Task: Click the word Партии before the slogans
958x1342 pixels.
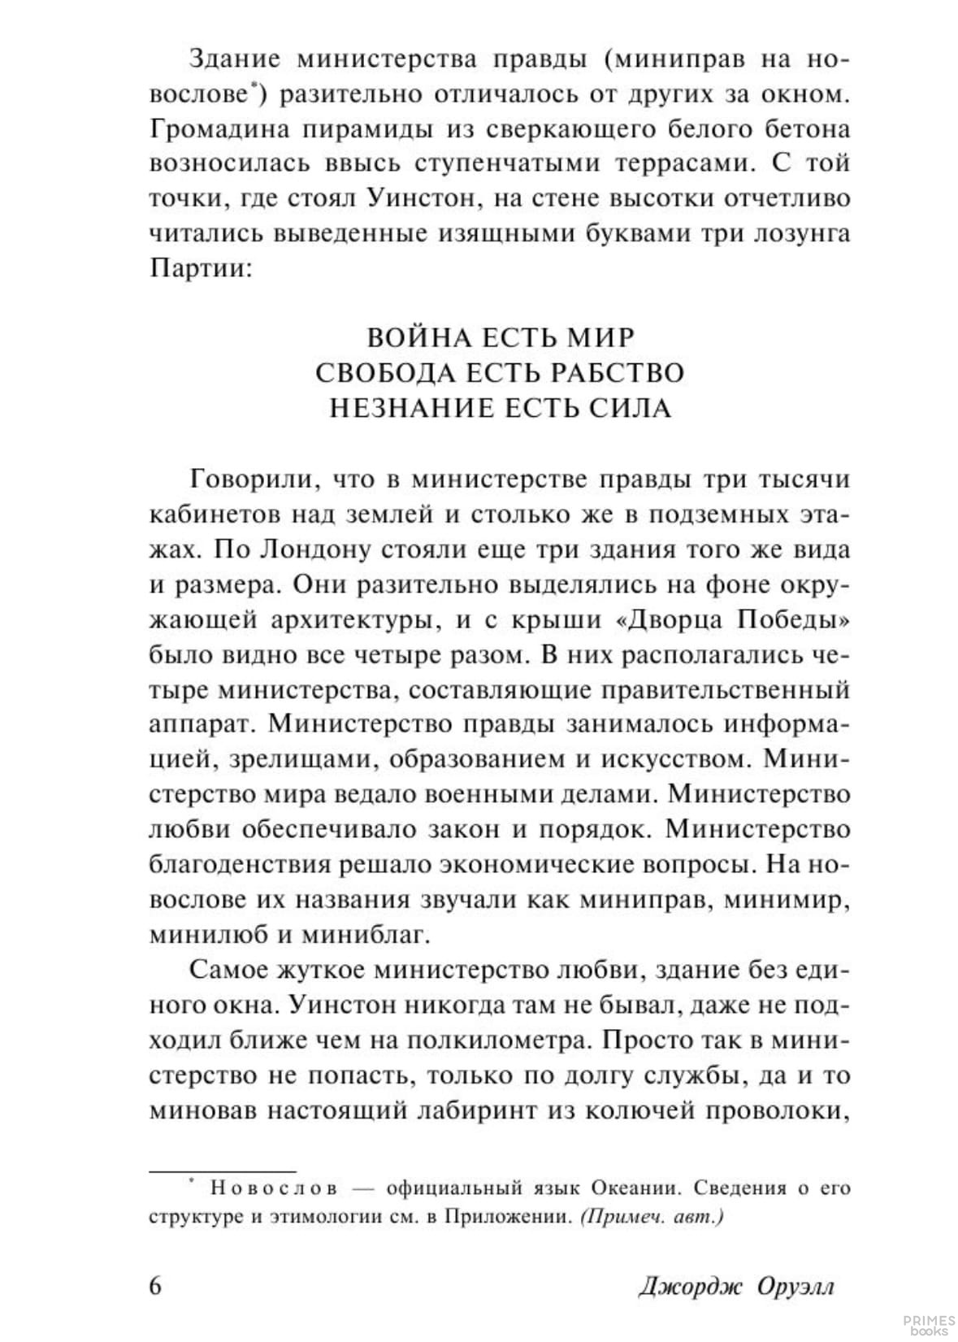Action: (x=197, y=268)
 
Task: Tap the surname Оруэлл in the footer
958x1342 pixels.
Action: (x=795, y=1288)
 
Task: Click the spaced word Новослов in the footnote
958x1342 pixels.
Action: (x=274, y=1188)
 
